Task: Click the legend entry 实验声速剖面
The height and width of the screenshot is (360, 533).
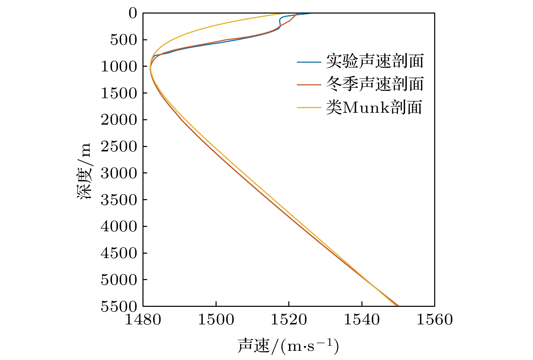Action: point(375,61)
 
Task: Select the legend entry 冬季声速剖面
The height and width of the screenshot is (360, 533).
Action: point(375,84)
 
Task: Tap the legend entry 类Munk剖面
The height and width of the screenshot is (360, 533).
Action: point(374,107)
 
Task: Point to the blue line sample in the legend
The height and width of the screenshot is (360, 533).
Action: point(309,62)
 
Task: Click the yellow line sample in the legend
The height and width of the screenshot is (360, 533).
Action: point(309,108)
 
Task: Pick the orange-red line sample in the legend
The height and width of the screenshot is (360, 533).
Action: point(309,84)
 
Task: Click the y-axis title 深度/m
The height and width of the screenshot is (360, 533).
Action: point(84,171)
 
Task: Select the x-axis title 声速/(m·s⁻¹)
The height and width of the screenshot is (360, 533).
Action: point(288,346)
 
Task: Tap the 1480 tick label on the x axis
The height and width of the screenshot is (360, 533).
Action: point(143,319)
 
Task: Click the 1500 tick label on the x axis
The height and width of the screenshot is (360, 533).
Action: point(216,319)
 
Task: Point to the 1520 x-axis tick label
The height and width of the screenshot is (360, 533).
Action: point(289,319)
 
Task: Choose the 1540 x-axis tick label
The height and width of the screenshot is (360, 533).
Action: point(362,319)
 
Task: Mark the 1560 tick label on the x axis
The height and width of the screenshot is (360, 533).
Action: point(435,319)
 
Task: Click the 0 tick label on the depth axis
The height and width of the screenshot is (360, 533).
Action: point(133,14)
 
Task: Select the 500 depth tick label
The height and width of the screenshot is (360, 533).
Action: point(124,40)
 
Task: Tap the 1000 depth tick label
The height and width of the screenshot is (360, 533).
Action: point(119,67)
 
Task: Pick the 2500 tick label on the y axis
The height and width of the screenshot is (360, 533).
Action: point(119,147)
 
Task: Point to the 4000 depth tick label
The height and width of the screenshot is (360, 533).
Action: point(119,226)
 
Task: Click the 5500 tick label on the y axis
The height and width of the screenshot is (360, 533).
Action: point(119,306)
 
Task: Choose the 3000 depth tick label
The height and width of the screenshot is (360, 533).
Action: point(119,173)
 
